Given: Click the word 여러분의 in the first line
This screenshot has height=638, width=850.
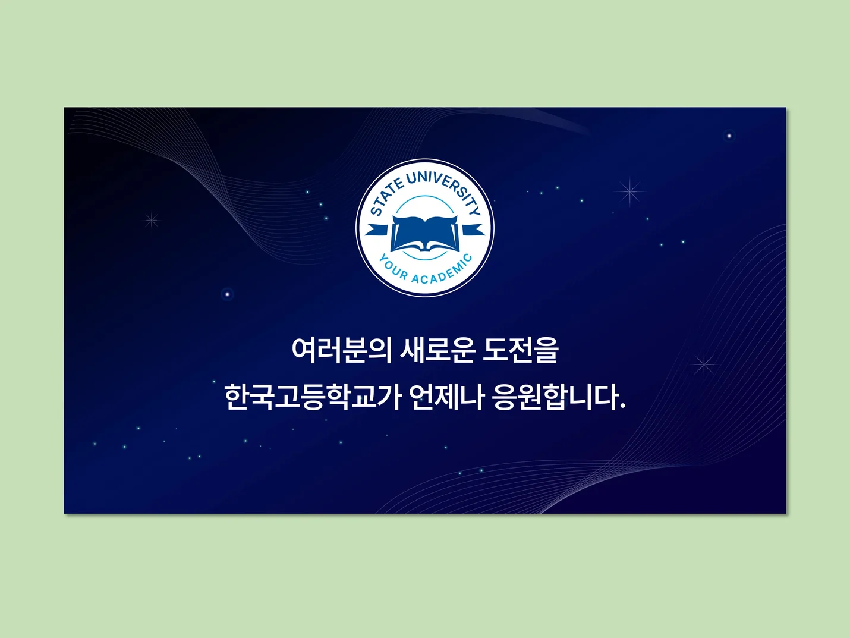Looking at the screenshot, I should point(341,350).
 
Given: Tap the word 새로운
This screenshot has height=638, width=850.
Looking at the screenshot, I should point(437,350).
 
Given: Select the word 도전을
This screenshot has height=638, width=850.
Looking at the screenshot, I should point(521,350).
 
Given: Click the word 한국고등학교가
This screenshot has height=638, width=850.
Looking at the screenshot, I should point(313,397).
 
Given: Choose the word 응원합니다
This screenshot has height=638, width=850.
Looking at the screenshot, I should point(556,397).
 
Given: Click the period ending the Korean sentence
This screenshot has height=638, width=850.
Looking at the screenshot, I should point(622,406).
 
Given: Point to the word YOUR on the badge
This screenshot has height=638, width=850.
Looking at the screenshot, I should point(393,268).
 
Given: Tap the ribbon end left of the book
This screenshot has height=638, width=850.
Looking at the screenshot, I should point(377,230).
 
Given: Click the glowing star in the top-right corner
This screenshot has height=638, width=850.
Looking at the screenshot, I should point(729,136).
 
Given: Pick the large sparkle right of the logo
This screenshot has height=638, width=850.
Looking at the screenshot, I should point(630,191).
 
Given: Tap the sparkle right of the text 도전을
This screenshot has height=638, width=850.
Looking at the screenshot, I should point(704,364).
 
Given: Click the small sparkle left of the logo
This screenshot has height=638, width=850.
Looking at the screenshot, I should point(152,221).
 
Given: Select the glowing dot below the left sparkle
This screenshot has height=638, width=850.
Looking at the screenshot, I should point(227,294).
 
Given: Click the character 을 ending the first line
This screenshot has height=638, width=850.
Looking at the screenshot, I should point(546,350).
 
